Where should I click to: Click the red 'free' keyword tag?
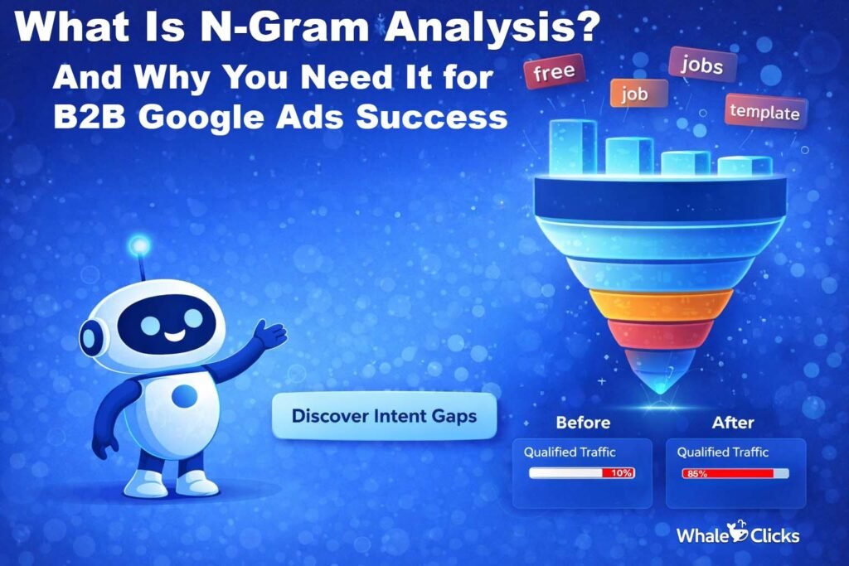click(x=555, y=73)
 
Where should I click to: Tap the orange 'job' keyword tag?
click(x=628, y=94)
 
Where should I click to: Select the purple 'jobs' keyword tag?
click(x=701, y=65)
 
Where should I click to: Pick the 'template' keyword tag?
click(x=765, y=111)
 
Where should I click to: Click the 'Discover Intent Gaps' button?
click(x=384, y=415)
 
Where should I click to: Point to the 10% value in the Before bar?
click(x=621, y=473)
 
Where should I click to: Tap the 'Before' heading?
click(x=583, y=423)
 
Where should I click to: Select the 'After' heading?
click(x=733, y=423)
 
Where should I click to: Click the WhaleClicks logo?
click(x=738, y=535)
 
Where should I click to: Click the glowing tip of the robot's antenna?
click(x=140, y=245)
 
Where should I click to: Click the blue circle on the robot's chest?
click(x=184, y=396)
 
